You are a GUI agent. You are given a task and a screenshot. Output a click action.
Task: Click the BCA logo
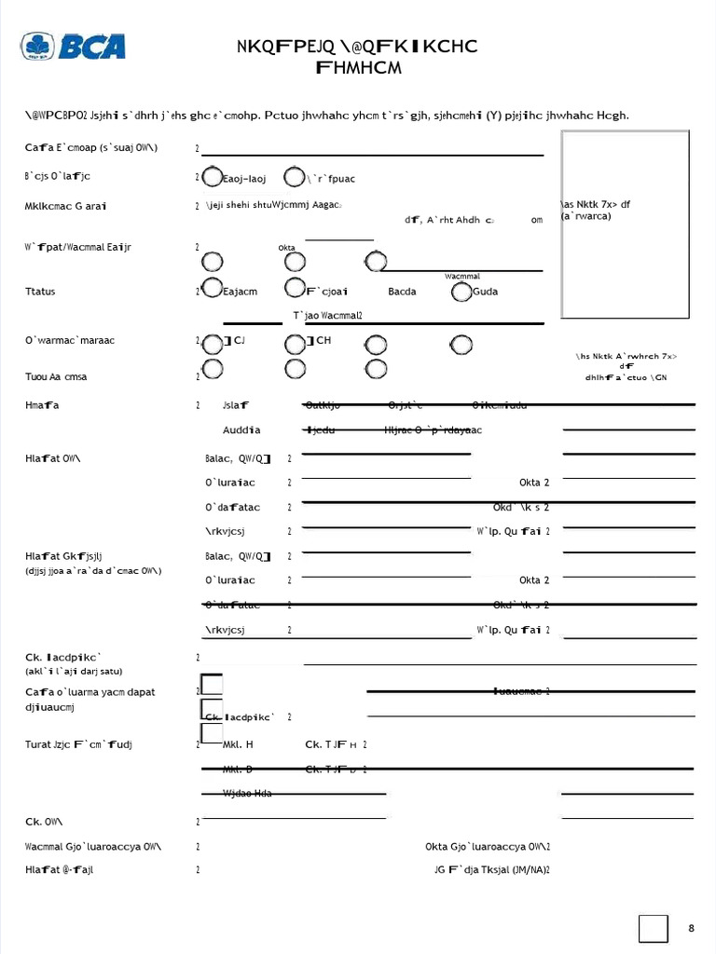click(75, 46)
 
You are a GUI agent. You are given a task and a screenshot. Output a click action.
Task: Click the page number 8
click(691, 928)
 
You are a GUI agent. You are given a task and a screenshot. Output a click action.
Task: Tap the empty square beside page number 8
click(654, 929)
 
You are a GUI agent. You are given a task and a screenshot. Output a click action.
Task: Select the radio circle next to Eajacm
click(212, 292)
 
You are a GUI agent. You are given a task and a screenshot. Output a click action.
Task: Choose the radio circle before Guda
click(461, 292)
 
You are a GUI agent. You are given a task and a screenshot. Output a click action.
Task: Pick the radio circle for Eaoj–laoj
click(211, 177)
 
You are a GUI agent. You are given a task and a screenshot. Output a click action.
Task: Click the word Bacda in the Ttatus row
click(402, 292)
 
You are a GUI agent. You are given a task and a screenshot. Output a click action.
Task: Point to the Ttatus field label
click(40, 292)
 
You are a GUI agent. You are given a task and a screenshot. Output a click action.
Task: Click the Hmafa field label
click(42, 405)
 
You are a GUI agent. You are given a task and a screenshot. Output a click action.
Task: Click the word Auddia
click(241, 430)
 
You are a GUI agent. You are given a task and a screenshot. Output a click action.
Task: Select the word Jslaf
click(236, 405)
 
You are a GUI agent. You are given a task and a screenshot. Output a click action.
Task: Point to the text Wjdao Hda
click(247, 793)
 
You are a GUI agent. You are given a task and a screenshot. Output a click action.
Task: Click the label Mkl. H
click(238, 744)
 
